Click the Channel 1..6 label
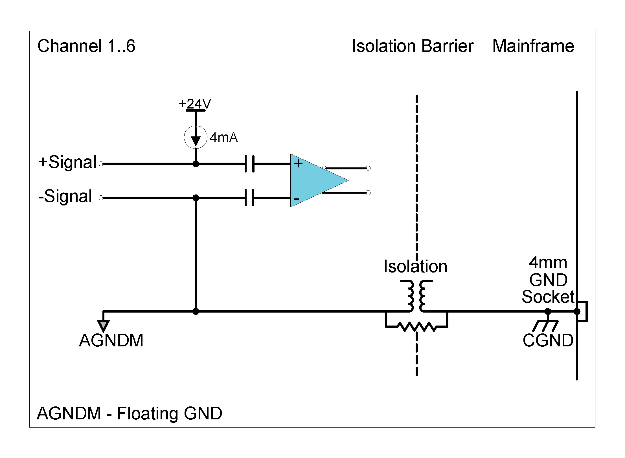86,46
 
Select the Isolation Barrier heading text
413,46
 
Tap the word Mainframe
533,46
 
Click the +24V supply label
195,104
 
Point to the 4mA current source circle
196,137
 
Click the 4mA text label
223,138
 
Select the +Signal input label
68,162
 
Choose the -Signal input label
65,196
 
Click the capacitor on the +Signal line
249,163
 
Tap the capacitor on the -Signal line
249,198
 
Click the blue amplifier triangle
313,180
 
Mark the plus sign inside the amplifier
298,163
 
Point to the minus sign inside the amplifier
296,199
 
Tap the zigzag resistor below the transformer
416,326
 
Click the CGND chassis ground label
548,340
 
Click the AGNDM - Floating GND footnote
130,413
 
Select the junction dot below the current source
196,164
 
